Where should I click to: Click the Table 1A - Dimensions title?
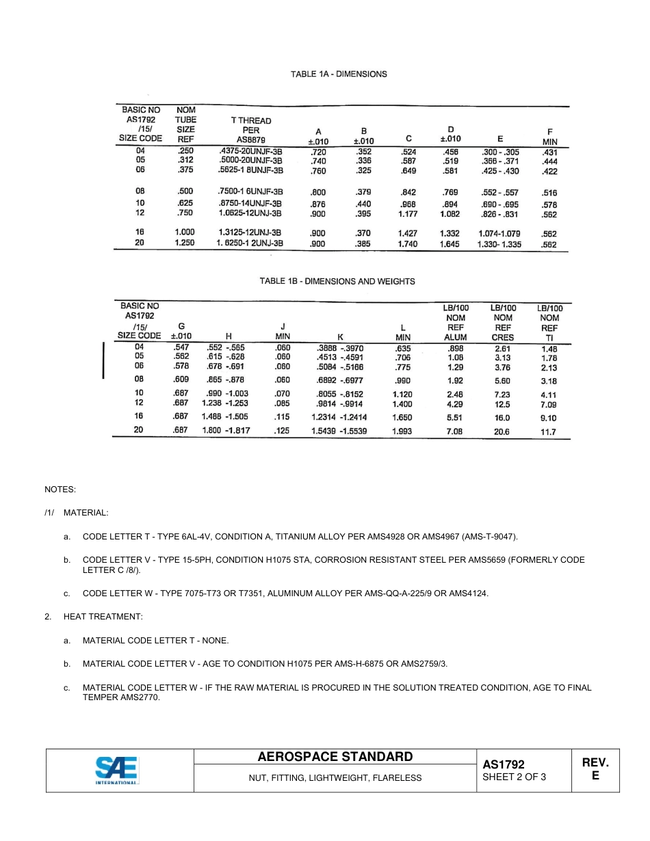click(339, 74)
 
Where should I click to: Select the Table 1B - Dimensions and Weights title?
click(337, 281)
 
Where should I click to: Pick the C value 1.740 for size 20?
click(407, 244)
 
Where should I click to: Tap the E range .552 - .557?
click(500, 193)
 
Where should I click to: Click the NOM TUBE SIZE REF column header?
click(185, 124)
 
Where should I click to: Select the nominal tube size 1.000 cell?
click(185, 232)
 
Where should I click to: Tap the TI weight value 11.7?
click(548, 432)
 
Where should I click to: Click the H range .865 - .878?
click(225, 380)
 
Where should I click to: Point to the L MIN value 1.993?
click(402, 431)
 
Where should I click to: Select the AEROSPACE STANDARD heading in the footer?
click(335, 756)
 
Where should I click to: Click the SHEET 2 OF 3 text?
click(514, 777)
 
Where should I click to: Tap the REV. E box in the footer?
click(595, 769)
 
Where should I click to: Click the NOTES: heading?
click(60, 490)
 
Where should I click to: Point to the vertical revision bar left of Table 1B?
click(103, 360)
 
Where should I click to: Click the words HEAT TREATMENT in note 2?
click(103, 617)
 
